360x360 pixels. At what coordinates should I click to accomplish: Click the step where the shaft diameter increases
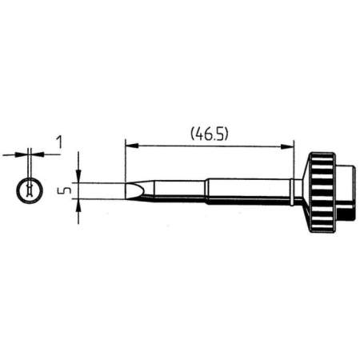(207, 190)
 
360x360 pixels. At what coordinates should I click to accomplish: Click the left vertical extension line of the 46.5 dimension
(126, 160)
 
